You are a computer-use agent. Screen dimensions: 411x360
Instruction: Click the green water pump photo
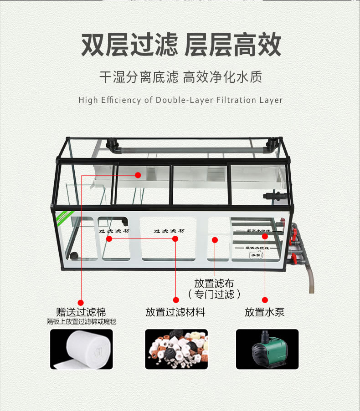pyautogui.click(x=267, y=349)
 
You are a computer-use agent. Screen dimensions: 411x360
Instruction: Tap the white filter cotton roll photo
pyautogui.click(x=81, y=349)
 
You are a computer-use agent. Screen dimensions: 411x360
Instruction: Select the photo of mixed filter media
pyautogui.click(x=176, y=349)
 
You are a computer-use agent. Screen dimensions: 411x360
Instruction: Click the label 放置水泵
pyautogui.click(x=265, y=312)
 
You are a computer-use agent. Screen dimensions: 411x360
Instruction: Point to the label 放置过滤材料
pyautogui.click(x=175, y=312)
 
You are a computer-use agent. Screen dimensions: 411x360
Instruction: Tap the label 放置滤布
pyautogui.click(x=214, y=283)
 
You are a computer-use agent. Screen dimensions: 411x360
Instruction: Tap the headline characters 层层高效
pyautogui.click(x=233, y=45)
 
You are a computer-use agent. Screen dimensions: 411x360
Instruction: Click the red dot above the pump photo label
pyautogui.click(x=265, y=299)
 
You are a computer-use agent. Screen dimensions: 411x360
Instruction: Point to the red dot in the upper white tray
pyautogui.click(x=138, y=174)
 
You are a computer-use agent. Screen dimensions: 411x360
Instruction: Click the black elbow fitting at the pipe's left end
pyautogui.click(x=111, y=144)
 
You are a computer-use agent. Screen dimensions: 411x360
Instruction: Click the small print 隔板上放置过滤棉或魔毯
pyautogui.click(x=82, y=322)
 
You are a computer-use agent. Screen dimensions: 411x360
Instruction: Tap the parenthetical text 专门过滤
pyautogui.click(x=214, y=294)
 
